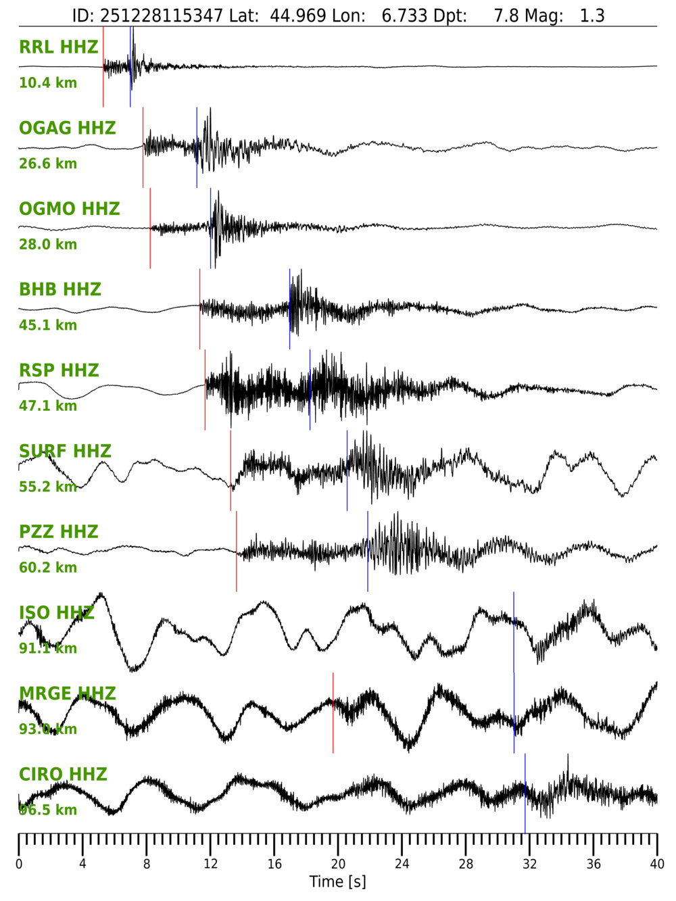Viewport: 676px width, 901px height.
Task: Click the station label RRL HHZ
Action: click(x=59, y=47)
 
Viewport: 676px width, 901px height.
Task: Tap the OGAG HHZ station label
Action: click(x=68, y=128)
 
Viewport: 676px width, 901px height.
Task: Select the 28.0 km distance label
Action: click(x=48, y=244)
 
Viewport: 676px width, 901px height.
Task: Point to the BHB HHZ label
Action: click(x=60, y=289)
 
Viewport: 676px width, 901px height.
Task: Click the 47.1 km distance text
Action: click(x=48, y=406)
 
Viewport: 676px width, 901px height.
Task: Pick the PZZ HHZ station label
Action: click(x=59, y=532)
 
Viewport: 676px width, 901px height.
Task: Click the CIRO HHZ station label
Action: click(x=63, y=774)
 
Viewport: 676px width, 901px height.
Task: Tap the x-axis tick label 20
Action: click(x=338, y=864)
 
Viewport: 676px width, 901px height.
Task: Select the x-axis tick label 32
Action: click(x=529, y=864)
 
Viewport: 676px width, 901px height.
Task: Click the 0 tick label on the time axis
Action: click(x=19, y=864)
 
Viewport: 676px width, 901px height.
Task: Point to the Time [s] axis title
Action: click(x=337, y=881)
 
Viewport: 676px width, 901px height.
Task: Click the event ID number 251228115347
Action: click(x=162, y=16)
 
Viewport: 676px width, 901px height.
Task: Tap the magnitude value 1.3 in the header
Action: click(x=592, y=16)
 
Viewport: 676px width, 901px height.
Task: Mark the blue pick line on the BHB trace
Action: click(x=290, y=331)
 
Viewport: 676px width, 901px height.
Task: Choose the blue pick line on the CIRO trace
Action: click(x=525, y=811)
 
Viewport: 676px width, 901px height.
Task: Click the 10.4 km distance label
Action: click(x=48, y=82)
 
